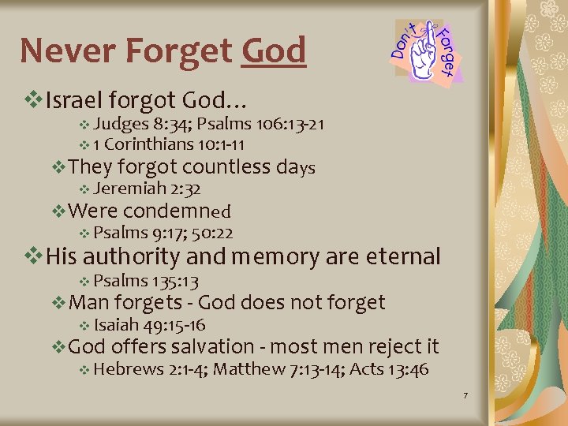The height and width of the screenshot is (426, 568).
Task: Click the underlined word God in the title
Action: point(274,51)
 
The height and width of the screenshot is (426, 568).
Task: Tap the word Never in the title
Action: point(66,51)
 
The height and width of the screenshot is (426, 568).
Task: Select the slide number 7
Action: point(466,394)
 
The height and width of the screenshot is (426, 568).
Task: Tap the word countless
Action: point(227,166)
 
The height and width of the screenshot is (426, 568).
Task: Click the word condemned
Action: point(177,211)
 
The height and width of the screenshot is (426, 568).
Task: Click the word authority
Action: point(131,256)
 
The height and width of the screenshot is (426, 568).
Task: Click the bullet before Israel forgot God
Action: point(33,101)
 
